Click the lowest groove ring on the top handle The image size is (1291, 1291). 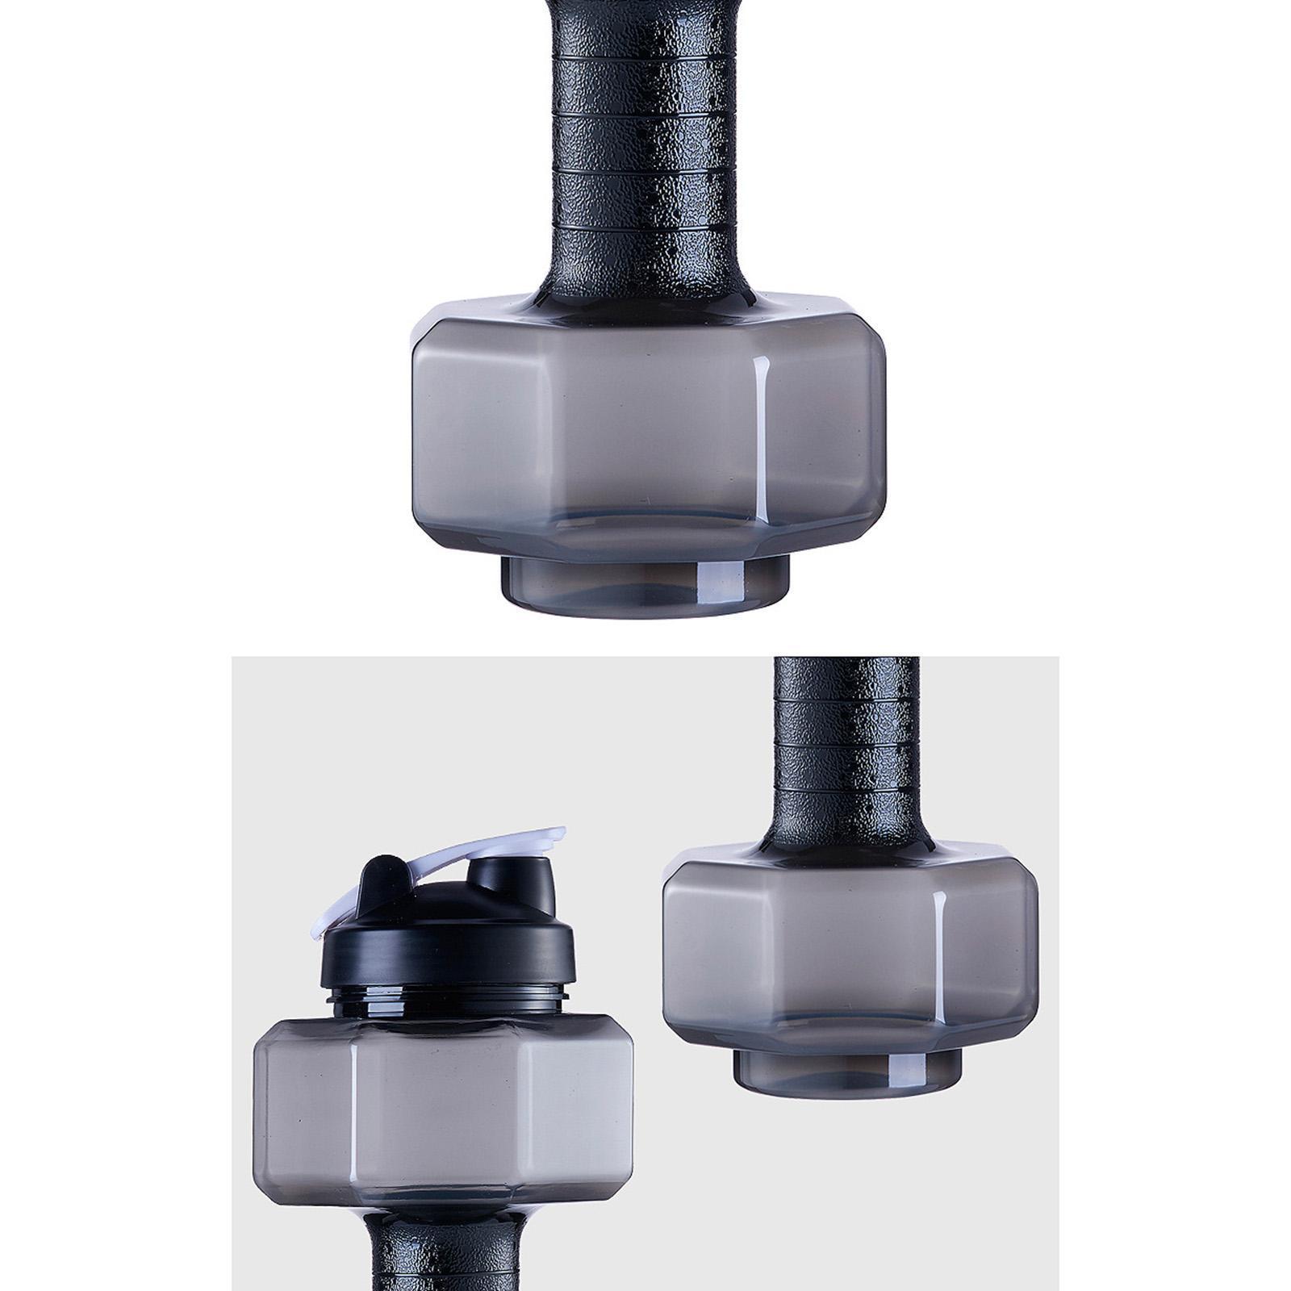click(x=645, y=229)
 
